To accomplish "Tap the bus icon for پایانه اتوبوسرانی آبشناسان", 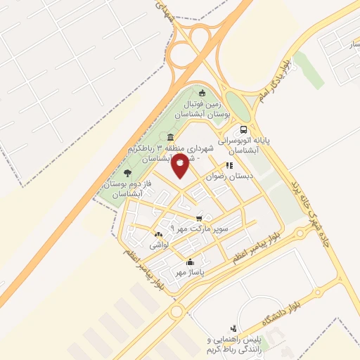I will [243, 129].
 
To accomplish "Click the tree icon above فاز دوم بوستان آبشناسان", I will [127, 172].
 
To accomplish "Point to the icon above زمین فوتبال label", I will [202, 93].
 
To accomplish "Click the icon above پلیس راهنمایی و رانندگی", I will [234, 328].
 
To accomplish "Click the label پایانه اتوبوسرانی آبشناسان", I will [243, 145].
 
